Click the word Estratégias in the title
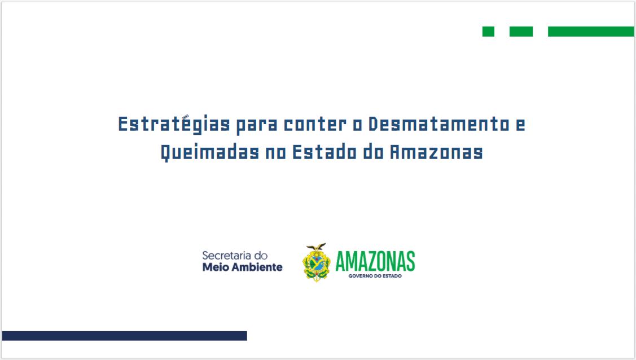pyautogui.click(x=174, y=124)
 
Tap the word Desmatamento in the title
pyautogui.click(x=439, y=124)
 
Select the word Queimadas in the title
pyautogui.click(x=210, y=153)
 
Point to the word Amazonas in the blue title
pyautogui.click(x=436, y=152)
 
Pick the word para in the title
pyautogui.click(x=257, y=125)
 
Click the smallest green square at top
pyautogui.click(x=488, y=31)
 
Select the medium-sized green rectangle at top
pyautogui.click(x=521, y=31)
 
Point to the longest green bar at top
pyautogui.click(x=590, y=31)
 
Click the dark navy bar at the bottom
pyautogui.click(x=125, y=336)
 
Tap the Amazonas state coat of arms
pyautogui.click(x=317, y=262)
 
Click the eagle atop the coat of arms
pyautogui.click(x=317, y=247)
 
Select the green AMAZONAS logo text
pyautogui.click(x=375, y=261)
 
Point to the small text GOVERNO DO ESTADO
pyautogui.click(x=375, y=276)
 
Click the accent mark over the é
pyautogui.click(x=186, y=117)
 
